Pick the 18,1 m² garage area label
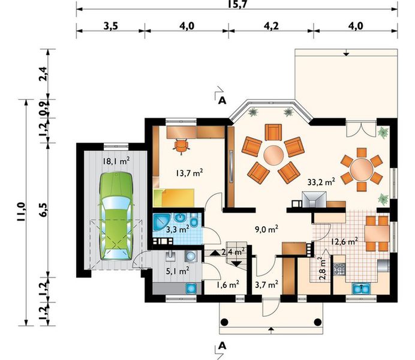[116, 161]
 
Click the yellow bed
[178, 197]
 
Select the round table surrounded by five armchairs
[273, 155]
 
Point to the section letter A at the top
[222, 100]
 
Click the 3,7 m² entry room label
[266, 284]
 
